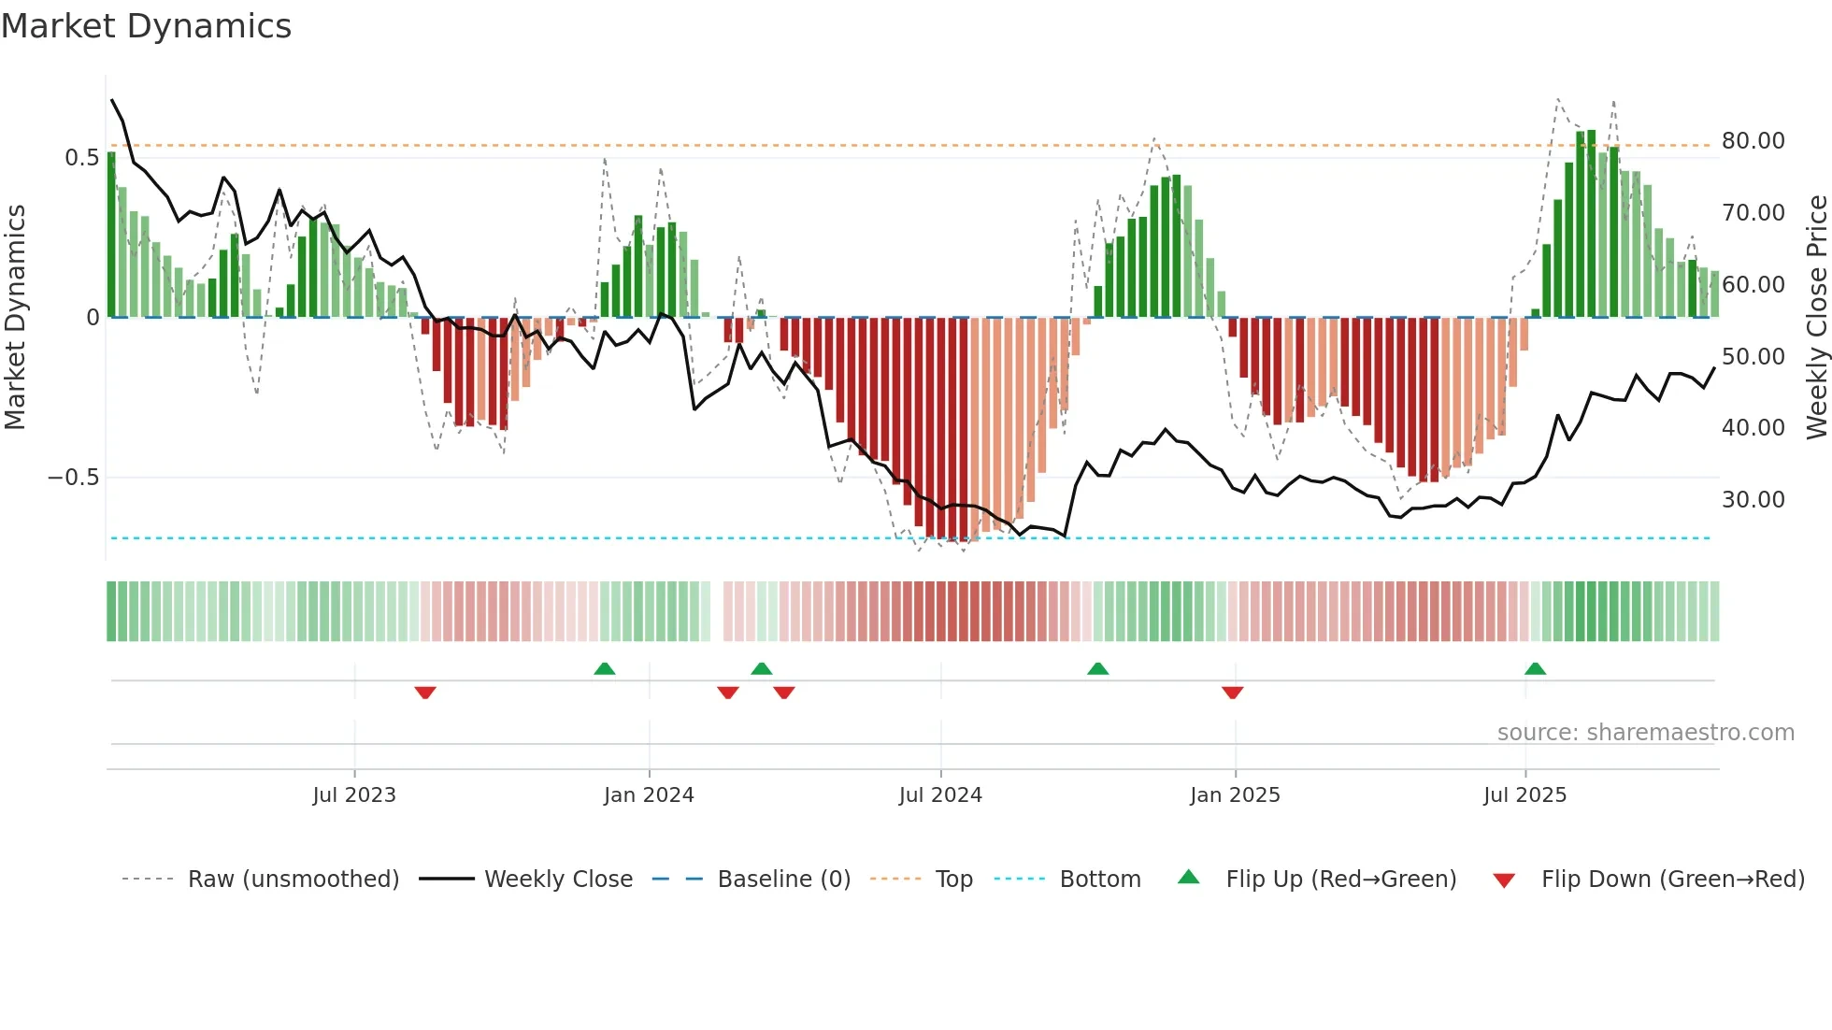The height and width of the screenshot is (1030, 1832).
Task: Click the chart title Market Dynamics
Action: coord(146,26)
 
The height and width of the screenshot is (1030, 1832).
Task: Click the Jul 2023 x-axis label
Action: coord(354,795)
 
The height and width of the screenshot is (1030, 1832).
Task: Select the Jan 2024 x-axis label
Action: coord(649,795)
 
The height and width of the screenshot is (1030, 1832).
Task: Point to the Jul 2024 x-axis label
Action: coord(940,795)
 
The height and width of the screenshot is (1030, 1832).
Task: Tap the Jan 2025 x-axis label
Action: coord(1235,795)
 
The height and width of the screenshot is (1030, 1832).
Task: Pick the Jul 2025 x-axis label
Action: coord(1524,795)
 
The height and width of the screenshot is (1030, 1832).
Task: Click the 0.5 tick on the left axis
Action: coord(82,158)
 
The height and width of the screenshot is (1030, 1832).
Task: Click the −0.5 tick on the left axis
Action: coord(74,478)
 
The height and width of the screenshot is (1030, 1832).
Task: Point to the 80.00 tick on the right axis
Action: coord(1753,141)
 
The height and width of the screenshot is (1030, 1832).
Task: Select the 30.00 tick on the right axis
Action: coord(1753,500)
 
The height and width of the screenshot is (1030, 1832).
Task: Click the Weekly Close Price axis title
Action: coord(1816,318)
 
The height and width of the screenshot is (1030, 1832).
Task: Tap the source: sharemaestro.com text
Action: coord(1645,733)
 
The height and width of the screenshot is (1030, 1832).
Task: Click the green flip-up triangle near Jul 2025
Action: coord(1535,668)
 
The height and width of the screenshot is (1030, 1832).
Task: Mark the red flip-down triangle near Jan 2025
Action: coord(1232,693)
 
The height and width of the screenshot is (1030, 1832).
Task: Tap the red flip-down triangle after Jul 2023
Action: coord(425,693)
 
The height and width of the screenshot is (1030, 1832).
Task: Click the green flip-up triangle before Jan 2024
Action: coord(605,668)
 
